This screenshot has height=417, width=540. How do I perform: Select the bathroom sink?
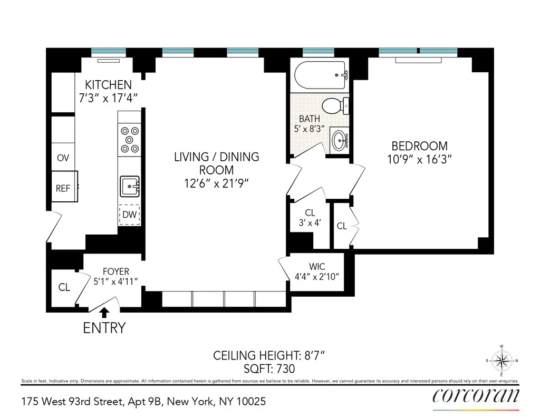[340, 140]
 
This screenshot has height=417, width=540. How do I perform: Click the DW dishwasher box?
[130, 215]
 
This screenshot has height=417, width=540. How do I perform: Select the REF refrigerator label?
[63, 188]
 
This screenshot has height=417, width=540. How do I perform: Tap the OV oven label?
[63, 158]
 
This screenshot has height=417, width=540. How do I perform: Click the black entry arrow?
[105, 313]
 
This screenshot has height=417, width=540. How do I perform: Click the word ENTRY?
[104, 328]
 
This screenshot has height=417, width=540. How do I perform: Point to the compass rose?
[501, 361]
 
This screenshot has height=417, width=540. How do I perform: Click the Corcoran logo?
[476, 395]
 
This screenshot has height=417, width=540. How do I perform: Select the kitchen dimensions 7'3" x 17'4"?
[108, 97]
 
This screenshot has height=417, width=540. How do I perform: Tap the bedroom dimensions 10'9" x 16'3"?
[419, 159]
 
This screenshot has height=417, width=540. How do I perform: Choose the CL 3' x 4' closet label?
[310, 218]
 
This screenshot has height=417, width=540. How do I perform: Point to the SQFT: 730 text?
[269, 369]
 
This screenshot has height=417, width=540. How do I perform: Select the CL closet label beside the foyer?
[64, 287]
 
